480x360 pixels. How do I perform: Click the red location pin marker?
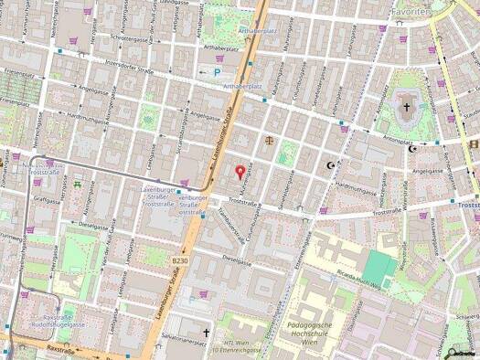tap(240, 170)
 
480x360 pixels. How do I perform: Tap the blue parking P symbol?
tap(217, 72)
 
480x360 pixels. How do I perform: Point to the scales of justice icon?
tap(269, 142)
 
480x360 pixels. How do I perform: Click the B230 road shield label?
tap(180, 261)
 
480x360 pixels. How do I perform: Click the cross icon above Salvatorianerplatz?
tap(207, 334)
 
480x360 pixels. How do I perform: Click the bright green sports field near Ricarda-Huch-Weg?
tap(377, 266)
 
